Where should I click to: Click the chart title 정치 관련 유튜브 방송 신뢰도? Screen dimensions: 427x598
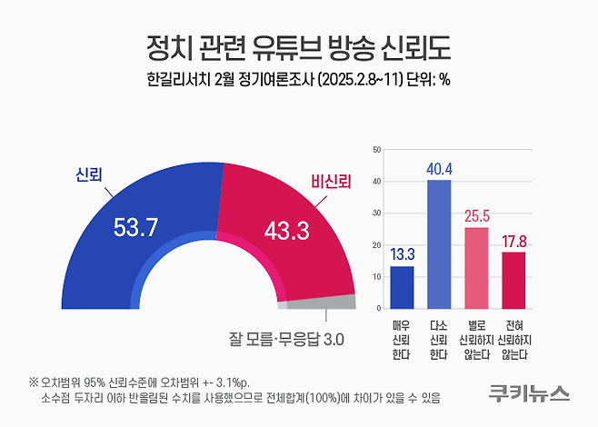tap(298, 45)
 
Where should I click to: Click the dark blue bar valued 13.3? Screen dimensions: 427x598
tap(402, 287)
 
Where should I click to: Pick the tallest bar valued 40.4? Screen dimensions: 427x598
tap(439, 244)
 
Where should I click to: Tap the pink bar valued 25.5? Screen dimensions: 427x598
tap(476, 268)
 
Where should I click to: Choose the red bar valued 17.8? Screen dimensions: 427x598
tap(514, 280)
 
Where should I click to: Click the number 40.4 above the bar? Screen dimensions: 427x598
tap(439, 169)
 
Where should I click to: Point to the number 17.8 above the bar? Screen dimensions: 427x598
tap(515, 241)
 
